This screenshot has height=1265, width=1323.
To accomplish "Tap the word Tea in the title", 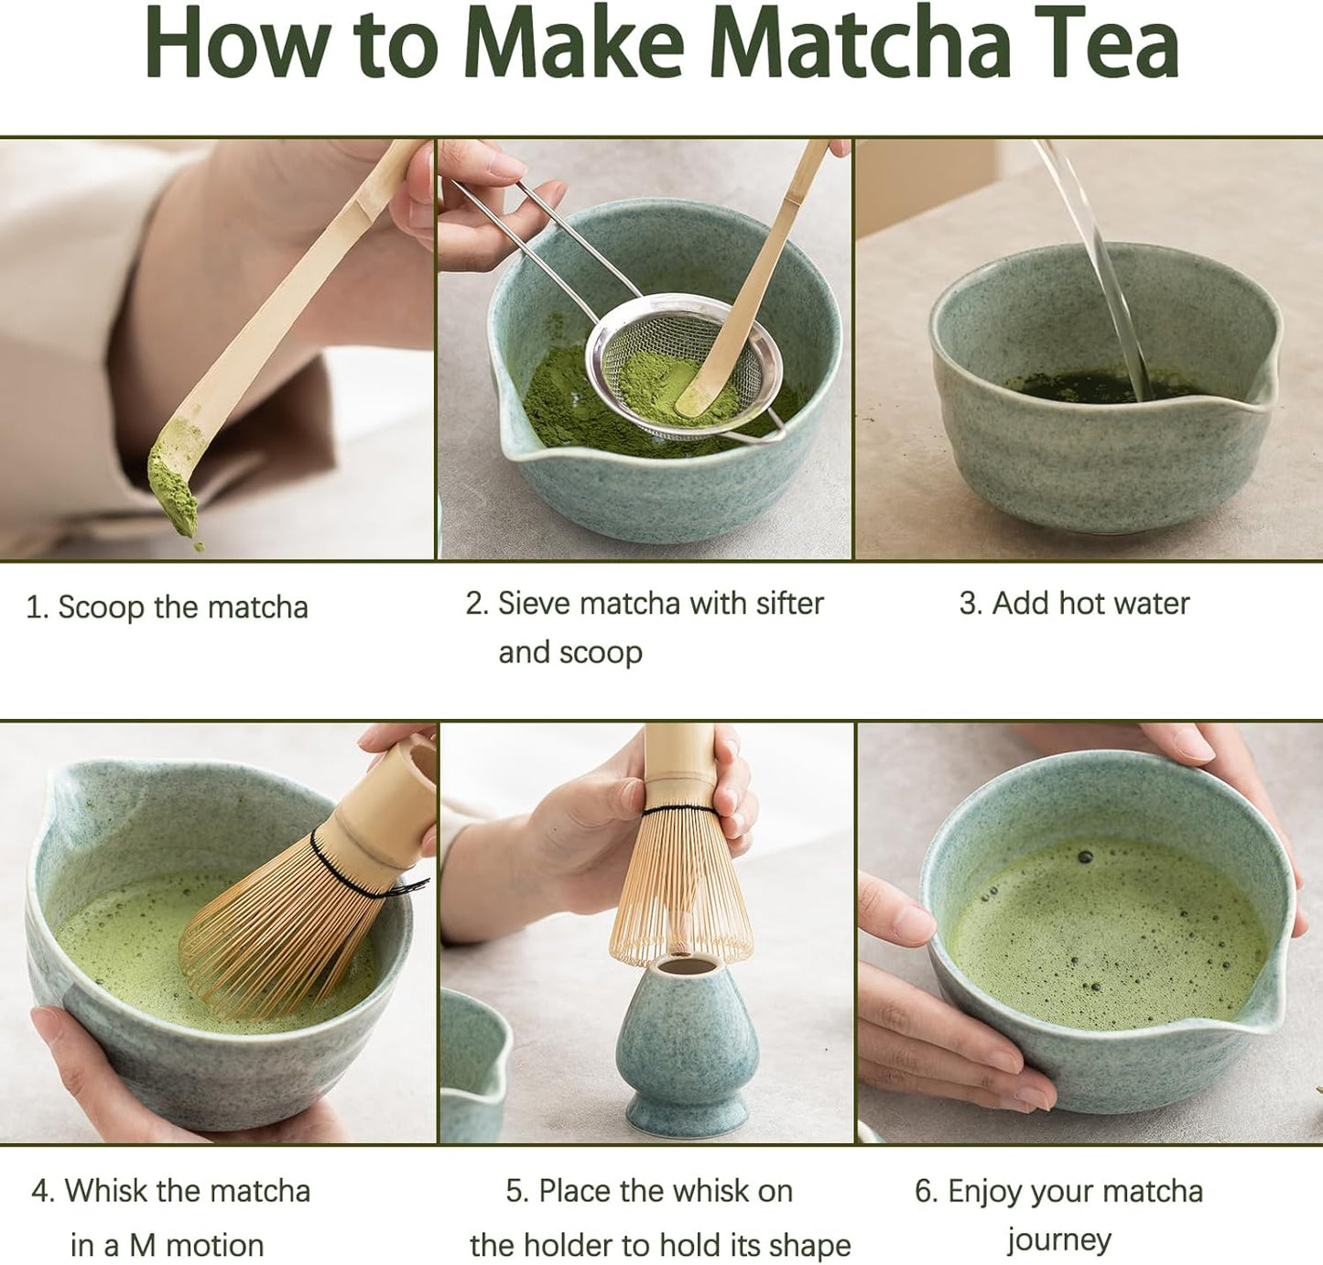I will click(1112, 44).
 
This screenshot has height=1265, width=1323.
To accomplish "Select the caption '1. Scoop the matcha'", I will click(167, 607).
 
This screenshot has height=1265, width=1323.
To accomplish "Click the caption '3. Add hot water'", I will click(1074, 604).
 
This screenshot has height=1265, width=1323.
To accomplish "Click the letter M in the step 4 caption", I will click(142, 1246).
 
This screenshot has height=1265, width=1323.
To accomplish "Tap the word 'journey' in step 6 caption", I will click(1059, 1240).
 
